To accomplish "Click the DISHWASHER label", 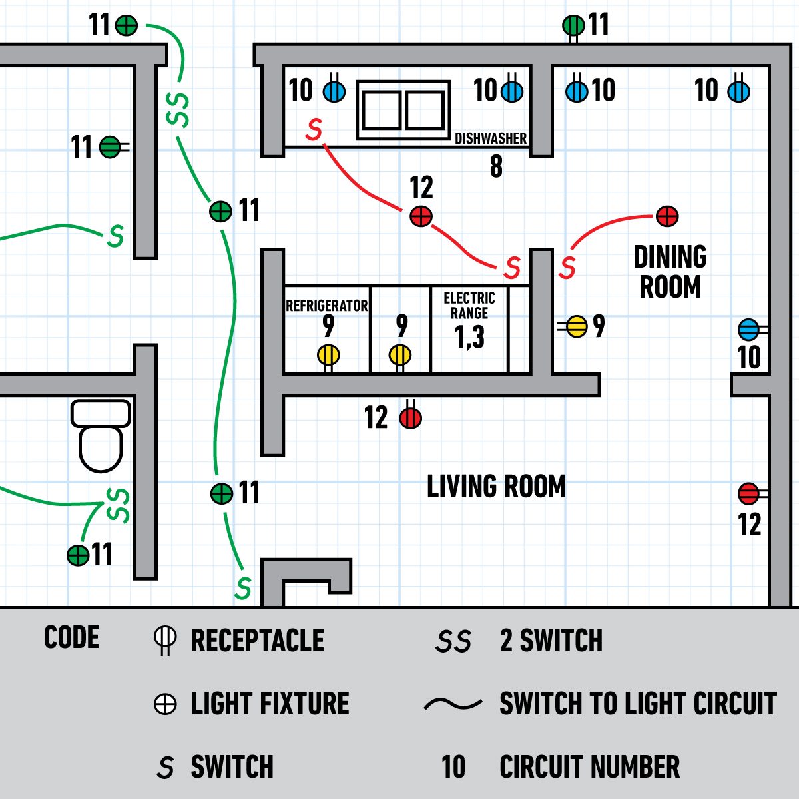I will pyautogui.click(x=491, y=138).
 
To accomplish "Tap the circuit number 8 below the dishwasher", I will pyautogui.click(x=496, y=166).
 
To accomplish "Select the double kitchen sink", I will pyautogui.click(x=403, y=110).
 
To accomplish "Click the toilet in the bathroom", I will pyautogui.click(x=101, y=435).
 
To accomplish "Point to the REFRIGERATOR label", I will pyautogui.click(x=326, y=306).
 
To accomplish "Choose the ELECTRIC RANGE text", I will pyautogui.click(x=469, y=305).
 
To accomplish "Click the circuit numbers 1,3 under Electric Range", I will pyautogui.click(x=469, y=337).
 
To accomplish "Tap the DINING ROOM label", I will pyautogui.click(x=670, y=272).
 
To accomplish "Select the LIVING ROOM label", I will pyautogui.click(x=496, y=487).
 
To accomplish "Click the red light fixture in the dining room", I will pyautogui.click(x=667, y=216).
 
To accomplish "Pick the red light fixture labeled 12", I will pyautogui.click(x=421, y=216).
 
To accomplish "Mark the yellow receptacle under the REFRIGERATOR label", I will pyautogui.click(x=328, y=355).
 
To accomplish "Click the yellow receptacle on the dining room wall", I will pyautogui.click(x=577, y=326).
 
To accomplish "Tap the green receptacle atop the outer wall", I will pyautogui.click(x=573, y=26).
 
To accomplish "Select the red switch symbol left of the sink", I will pyautogui.click(x=314, y=129).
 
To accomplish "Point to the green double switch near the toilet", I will pyautogui.click(x=118, y=505).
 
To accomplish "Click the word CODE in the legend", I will pyautogui.click(x=71, y=638).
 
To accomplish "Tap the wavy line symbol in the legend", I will pyautogui.click(x=453, y=704).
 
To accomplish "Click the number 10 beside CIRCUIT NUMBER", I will pyautogui.click(x=453, y=767).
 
